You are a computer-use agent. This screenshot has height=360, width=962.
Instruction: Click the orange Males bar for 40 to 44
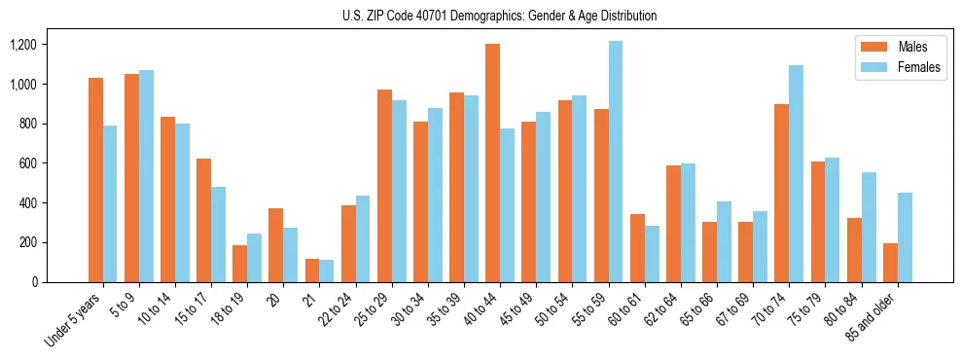[492, 162]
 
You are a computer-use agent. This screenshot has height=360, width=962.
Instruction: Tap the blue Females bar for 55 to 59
[615, 162]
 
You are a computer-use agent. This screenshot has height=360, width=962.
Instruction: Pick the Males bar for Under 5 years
[95, 180]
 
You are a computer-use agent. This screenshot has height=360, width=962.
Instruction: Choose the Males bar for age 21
[312, 270]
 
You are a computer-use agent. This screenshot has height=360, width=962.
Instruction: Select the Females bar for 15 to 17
[218, 234]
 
